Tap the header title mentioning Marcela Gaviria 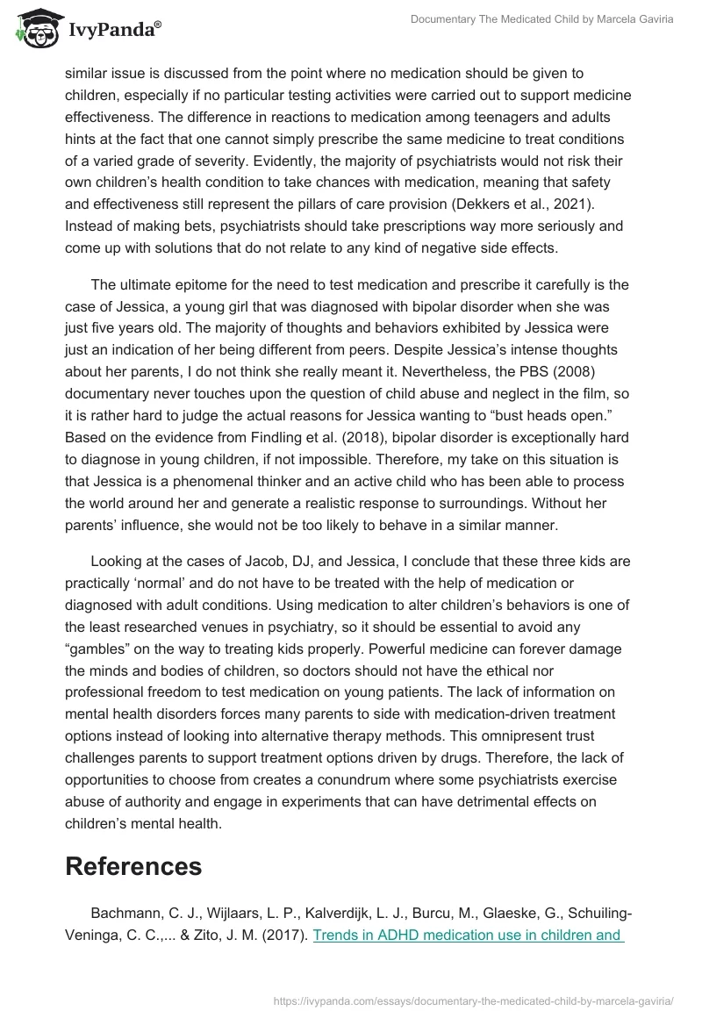point(541,19)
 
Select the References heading point(133,866)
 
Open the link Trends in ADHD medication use point(468,935)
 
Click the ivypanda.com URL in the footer point(473,1000)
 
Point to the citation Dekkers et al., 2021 point(536,204)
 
